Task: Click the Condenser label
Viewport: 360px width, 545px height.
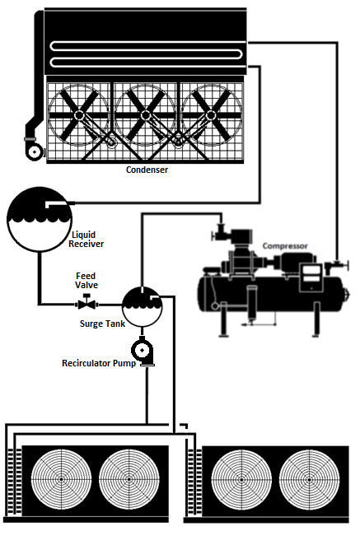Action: coord(147,170)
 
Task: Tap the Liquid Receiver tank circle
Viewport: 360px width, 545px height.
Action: coord(40,219)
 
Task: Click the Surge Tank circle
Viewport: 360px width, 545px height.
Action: coord(142,306)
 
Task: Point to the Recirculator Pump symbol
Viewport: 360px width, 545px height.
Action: coord(143,352)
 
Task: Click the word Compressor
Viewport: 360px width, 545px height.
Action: coord(285,246)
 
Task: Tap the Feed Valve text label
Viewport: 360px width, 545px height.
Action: coord(86,281)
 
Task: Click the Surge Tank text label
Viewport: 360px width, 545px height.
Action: coord(102,324)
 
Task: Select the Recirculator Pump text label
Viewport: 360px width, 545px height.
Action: coord(99,363)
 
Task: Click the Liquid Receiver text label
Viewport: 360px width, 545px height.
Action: coord(86,239)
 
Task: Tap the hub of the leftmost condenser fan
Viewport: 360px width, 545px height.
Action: coord(78,115)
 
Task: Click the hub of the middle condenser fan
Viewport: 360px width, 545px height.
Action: coord(145,115)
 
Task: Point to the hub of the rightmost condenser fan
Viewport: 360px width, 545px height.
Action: coord(210,115)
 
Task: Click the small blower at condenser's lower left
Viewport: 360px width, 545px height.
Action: coord(35,151)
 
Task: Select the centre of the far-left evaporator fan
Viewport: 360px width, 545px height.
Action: coord(62,479)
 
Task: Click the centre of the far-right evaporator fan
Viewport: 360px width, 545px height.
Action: coord(309,479)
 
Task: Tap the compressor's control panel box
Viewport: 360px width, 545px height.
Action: coord(311,277)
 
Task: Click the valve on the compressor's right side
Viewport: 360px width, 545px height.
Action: coord(336,266)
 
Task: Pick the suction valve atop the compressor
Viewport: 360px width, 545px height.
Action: coord(219,232)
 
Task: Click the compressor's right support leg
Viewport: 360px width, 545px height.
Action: coord(316,319)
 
